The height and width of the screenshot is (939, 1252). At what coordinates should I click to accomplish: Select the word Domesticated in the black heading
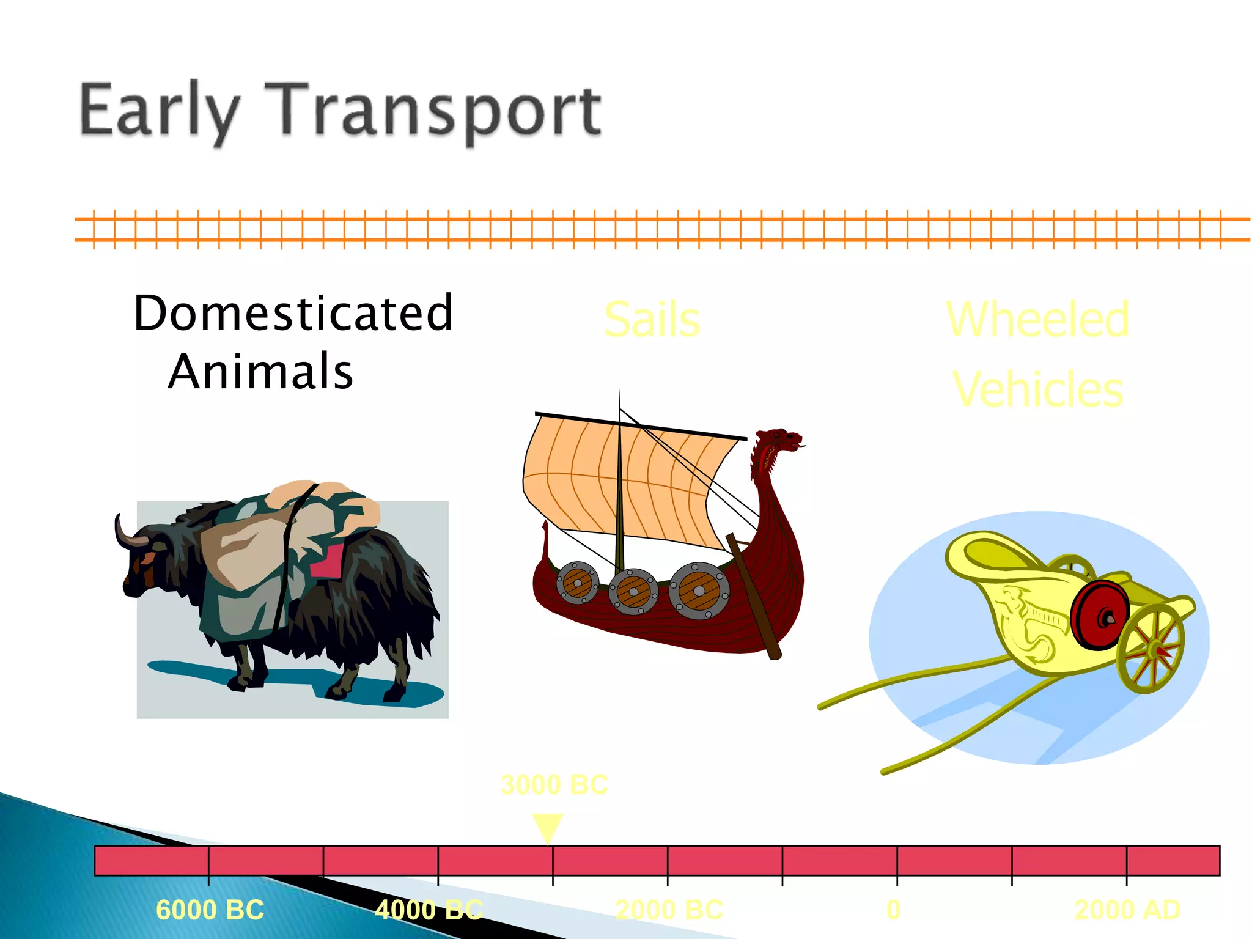(x=293, y=313)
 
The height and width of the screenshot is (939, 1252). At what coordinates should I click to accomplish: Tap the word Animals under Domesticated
(x=261, y=372)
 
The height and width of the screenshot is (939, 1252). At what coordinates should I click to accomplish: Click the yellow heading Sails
(x=652, y=320)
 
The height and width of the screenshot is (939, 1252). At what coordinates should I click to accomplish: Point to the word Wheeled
(x=1037, y=319)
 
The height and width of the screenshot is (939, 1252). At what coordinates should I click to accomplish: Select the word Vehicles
(x=1037, y=389)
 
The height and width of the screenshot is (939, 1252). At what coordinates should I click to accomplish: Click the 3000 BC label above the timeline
(x=554, y=785)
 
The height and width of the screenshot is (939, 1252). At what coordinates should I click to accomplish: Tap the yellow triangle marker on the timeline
(x=547, y=827)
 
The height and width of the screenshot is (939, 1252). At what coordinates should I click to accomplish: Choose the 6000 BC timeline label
(x=210, y=910)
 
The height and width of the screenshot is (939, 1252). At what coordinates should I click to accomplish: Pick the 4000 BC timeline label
(x=429, y=910)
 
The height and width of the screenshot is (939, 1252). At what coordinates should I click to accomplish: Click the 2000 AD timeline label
(x=1127, y=910)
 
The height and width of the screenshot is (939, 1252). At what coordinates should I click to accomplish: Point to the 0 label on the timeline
(x=893, y=910)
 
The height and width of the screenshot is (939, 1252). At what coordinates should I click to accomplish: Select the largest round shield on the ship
(x=699, y=591)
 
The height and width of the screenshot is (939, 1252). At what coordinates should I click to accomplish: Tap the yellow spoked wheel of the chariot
(x=1151, y=648)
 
